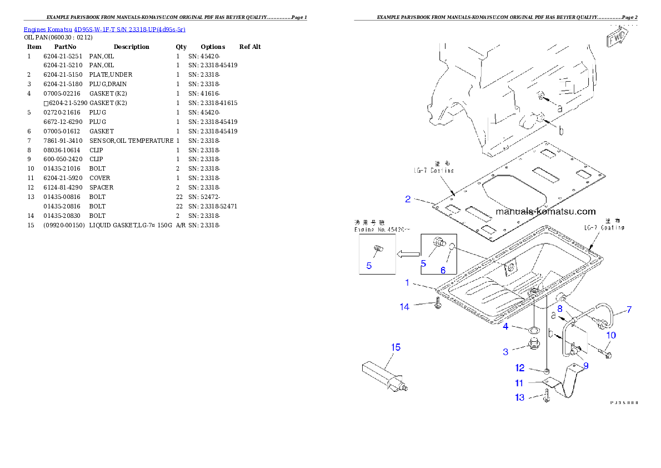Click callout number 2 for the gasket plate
408,199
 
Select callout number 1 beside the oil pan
407,283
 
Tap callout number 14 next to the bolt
405,306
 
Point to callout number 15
395,347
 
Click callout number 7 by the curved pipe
629,310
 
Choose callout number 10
611,335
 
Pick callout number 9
586,366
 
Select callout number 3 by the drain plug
505,351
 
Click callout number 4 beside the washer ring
505,326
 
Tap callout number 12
520,368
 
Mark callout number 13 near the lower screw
520,397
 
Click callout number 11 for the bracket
519,383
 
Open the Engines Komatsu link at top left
104,29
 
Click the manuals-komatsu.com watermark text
545,211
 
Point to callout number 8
560,308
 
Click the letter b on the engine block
560,131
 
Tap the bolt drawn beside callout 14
438,305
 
